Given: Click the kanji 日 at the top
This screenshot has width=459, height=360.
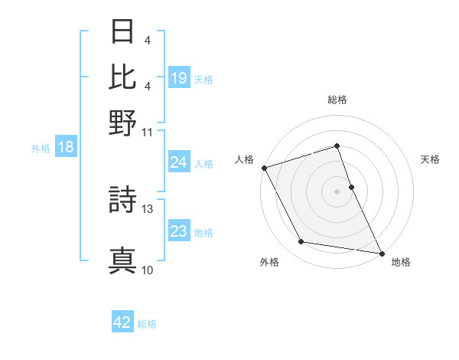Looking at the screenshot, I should (x=123, y=32).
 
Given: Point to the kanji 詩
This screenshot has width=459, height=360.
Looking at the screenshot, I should (x=123, y=200).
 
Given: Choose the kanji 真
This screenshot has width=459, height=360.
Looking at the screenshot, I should (x=123, y=260).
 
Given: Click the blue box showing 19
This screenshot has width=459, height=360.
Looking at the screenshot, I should (x=179, y=78).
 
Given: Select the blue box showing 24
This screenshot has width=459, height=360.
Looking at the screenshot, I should (x=179, y=162).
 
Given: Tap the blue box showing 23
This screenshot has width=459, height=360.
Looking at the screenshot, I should (x=179, y=232).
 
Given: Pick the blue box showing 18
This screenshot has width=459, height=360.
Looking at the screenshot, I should (x=66, y=147).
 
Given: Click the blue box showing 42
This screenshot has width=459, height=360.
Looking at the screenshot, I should (x=122, y=322).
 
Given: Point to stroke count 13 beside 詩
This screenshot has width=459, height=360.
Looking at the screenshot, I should (x=148, y=208).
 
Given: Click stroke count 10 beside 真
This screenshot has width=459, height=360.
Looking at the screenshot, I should (x=148, y=270).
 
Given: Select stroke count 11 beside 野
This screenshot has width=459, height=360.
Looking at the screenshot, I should (x=148, y=132).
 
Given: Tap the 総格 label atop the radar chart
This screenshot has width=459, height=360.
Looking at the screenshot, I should (x=337, y=100).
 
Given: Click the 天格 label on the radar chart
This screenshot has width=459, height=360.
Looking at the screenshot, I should (x=430, y=159).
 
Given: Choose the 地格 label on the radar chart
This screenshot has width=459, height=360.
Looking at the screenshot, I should (x=401, y=263).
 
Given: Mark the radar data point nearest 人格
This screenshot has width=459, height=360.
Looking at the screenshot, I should (x=264, y=168).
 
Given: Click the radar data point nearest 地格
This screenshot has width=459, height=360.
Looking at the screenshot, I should (x=382, y=253).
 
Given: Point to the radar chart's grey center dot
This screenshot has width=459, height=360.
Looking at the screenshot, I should (x=337, y=191).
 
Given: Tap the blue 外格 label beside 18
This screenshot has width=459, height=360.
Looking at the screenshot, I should (x=41, y=148).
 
